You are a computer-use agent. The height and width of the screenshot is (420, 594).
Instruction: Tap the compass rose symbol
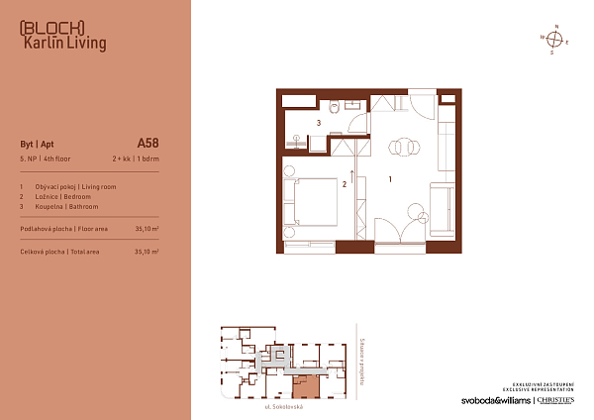tap(555, 40)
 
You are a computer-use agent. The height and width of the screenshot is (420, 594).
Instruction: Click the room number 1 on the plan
tap(391, 179)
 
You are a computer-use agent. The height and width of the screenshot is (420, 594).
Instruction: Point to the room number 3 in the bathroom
tap(318, 123)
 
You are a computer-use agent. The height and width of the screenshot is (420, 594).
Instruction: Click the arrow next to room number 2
tap(352, 178)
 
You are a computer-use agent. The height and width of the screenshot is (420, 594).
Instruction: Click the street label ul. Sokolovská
tap(282, 407)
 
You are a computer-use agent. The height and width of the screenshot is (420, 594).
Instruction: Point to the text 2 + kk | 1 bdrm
tap(136, 157)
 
